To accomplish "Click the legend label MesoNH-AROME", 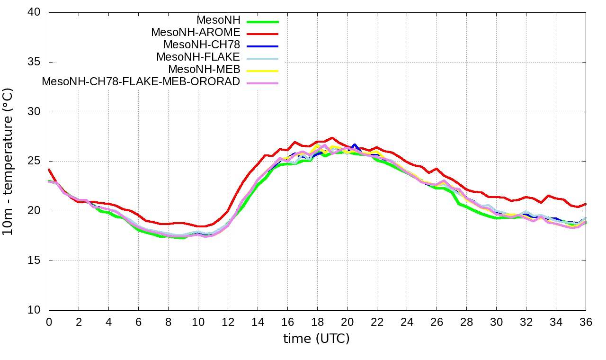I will [x=196, y=32].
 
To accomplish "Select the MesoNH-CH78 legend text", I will [x=202, y=45].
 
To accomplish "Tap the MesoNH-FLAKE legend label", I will [x=198, y=57].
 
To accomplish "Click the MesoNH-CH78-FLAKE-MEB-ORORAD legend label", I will [x=141, y=81].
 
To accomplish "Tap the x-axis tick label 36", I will [x=586, y=322].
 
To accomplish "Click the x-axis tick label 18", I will [x=317, y=322].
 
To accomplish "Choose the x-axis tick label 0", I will [x=49, y=322].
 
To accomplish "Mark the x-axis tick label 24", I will [x=407, y=322].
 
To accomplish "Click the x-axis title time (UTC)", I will [x=316, y=339].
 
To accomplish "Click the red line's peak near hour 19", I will [x=332, y=138].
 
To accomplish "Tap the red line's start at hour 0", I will [x=49, y=170].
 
